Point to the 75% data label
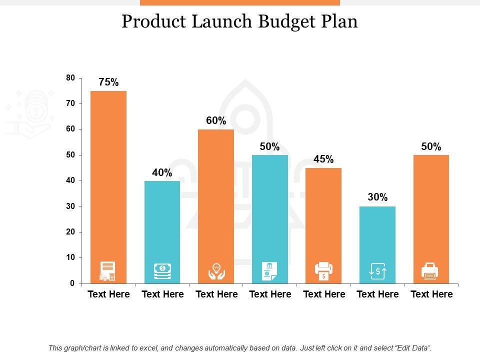pos(108,82)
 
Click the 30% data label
pos(377,197)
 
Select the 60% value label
pos(216,121)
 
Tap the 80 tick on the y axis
pos(70,78)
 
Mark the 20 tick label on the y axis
pos(70,232)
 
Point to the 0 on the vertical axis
pos(72,283)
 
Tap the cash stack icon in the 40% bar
pos(162,271)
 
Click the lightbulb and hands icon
pos(216,271)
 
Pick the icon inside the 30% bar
pos(377,271)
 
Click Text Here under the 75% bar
pos(108,294)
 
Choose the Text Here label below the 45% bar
pos(324,294)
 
